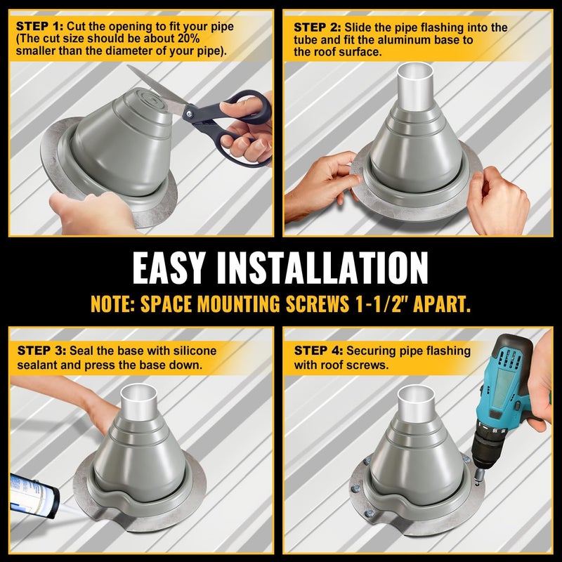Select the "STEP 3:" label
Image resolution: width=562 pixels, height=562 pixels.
pos(38,350)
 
